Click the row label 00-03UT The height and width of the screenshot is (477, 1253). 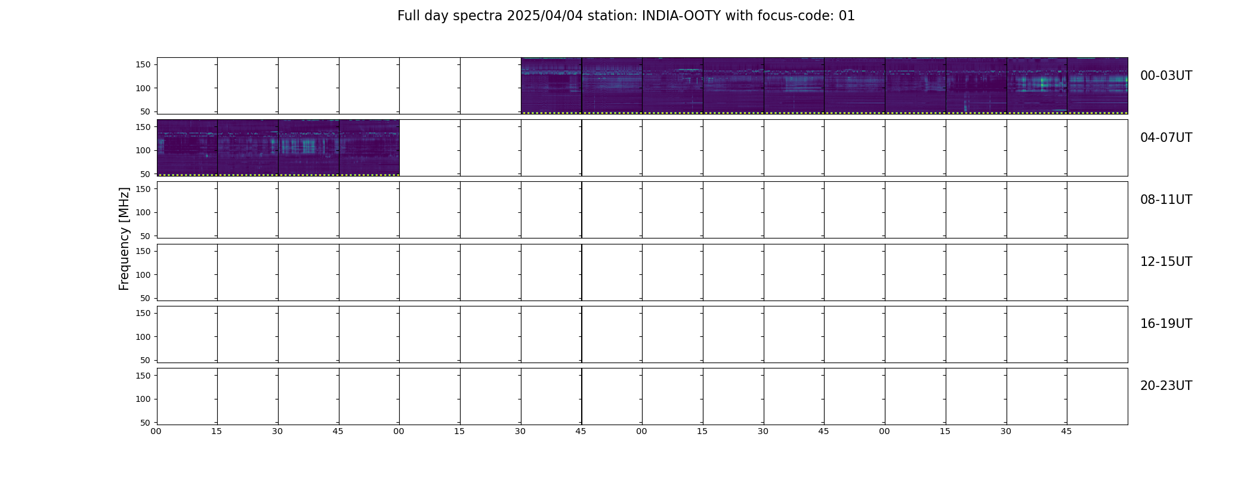click(x=1166, y=76)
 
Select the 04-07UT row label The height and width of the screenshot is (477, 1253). click(x=1166, y=138)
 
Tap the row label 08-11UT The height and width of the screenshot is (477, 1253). click(x=1166, y=200)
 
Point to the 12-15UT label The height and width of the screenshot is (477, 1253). click(x=1166, y=262)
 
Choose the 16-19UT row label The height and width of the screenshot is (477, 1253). click(x=1166, y=324)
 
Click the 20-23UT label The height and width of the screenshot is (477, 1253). click(x=1166, y=386)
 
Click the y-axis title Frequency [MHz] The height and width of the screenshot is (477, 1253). click(x=124, y=238)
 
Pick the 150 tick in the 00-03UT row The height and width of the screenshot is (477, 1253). click(x=143, y=65)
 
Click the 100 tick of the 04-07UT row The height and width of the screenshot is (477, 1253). click(x=143, y=150)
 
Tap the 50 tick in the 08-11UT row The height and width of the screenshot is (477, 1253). click(x=146, y=236)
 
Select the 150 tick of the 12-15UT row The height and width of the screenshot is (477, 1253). click(x=143, y=251)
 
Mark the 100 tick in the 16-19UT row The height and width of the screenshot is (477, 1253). click(x=143, y=337)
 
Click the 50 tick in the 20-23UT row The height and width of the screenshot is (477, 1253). click(x=146, y=423)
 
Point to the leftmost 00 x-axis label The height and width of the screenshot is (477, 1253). click(x=156, y=431)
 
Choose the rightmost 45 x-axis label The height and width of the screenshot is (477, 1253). click(x=1066, y=431)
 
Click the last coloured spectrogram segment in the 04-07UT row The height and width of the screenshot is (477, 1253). click(x=369, y=148)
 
